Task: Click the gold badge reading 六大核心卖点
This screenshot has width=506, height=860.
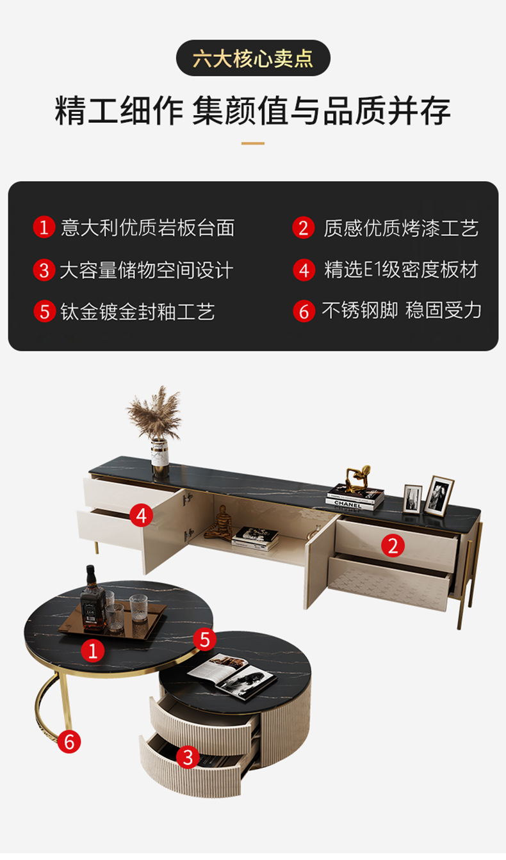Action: (253, 58)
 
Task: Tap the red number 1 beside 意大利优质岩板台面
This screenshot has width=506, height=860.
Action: (44, 227)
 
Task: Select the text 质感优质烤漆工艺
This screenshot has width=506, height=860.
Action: (401, 228)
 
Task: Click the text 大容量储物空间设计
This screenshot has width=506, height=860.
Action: (147, 270)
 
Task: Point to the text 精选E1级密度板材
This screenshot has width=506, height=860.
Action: (401, 269)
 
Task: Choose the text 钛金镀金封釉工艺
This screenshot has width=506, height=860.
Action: (138, 312)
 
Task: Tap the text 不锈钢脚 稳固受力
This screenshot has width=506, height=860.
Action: (402, 310)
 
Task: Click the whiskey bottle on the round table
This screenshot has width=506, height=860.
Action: (93, 600)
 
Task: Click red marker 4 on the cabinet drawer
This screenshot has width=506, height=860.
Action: (142, 515)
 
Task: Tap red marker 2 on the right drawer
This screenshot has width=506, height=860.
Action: (393, 546)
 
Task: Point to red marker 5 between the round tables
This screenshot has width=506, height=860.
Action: (204, 639)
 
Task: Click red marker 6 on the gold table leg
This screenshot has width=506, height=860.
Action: (69, 742)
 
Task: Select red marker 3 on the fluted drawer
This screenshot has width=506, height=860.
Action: (188, 758)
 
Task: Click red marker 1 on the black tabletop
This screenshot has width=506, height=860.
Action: (93, 650)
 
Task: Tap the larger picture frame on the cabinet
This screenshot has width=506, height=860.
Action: (439, 496)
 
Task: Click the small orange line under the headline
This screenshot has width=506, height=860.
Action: (253, 143)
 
